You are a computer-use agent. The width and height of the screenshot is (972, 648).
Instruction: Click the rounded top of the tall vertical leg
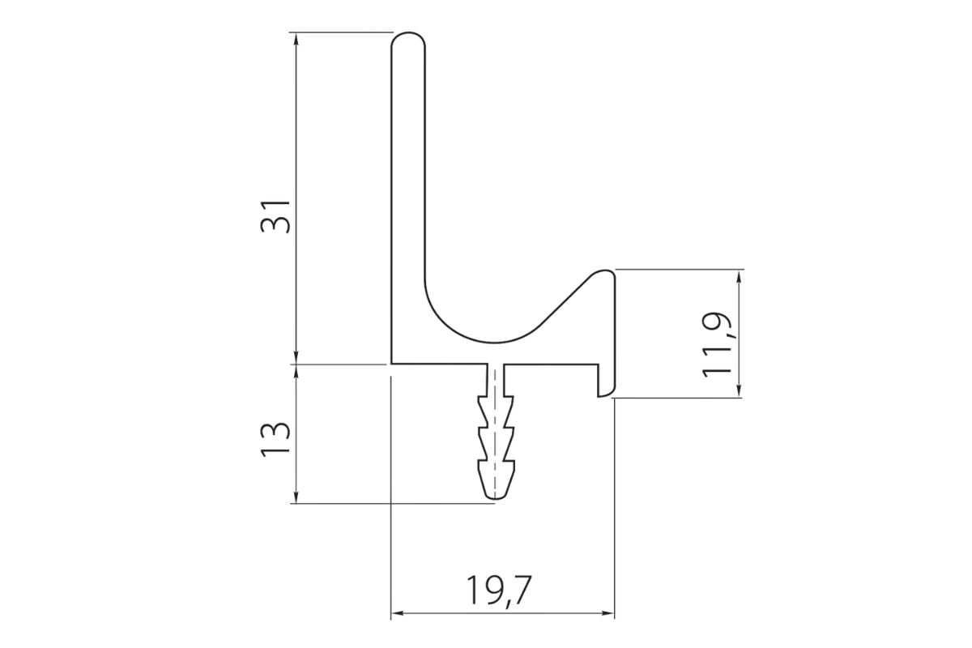coord(408,36)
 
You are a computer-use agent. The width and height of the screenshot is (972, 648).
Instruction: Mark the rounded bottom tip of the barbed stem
coord(495,496)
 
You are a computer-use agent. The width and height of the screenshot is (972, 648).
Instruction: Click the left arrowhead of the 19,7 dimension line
coord(397,613)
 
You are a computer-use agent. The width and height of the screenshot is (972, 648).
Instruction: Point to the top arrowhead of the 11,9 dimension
coord(738,275)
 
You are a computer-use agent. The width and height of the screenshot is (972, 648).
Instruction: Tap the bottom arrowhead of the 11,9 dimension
coord(738,392)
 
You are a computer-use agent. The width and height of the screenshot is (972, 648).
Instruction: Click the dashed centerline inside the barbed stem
coord(494,429)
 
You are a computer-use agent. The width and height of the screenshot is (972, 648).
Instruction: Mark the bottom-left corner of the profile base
coord(392,364)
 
